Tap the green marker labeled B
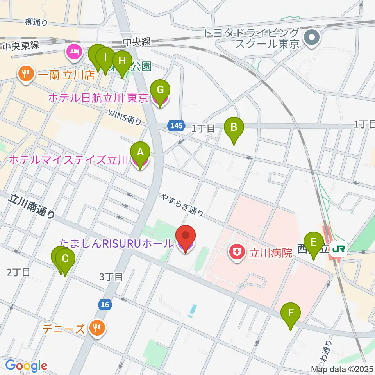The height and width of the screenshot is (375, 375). [234, 128]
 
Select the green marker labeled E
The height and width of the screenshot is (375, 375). [313, 243]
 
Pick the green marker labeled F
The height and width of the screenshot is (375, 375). [291, 313]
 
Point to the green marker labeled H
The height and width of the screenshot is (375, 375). [122, 61]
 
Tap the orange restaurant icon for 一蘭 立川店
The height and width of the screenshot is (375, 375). [26, 74]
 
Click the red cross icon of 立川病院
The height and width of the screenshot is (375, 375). [237, 252]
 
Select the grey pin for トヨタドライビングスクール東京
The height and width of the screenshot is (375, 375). [313, 38]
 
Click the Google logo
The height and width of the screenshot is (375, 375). [26, 366]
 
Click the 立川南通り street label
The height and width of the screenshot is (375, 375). [31, 207]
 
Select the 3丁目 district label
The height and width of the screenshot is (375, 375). [111, 277]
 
